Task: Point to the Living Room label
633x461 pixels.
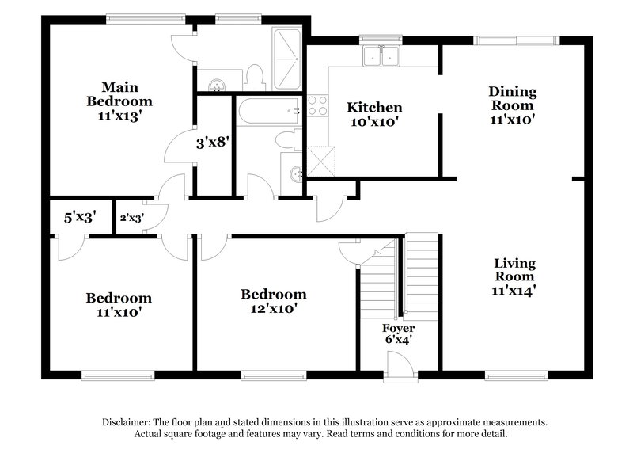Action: (514, 276)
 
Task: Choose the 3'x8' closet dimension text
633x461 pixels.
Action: (212, 144)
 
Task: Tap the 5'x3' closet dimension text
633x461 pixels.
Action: (79, 216)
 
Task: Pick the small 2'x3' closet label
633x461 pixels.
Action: (131, 217)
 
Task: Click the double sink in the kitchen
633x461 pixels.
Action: (381, 56)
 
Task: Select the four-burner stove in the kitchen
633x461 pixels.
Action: (317, 105)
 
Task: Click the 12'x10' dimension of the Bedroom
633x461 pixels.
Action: (273, 310)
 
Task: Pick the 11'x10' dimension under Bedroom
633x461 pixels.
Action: (119, 312)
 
